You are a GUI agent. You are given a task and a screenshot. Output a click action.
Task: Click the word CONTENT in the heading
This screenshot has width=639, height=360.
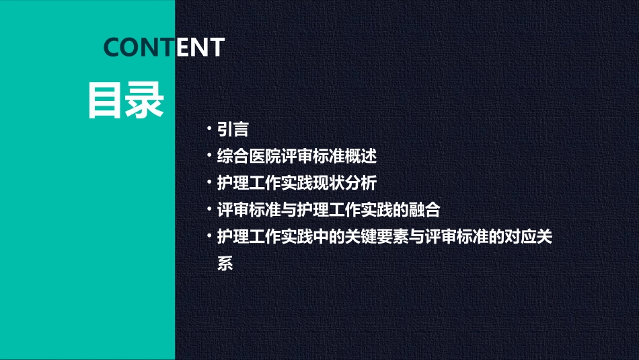(164, 47)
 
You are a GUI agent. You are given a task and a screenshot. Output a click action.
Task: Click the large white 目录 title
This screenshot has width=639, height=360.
(126, 101)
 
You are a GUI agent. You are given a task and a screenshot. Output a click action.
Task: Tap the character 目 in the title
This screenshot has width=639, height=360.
(106, 101)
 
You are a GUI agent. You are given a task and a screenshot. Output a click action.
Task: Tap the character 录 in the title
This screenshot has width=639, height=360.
(145, 101)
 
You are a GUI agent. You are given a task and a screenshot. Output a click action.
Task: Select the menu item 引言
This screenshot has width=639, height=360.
(233, 130)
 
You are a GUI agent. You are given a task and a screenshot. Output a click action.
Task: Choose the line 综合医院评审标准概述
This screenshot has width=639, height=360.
(297, 156)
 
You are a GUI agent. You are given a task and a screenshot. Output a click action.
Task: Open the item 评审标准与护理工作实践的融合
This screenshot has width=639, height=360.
(328, 209)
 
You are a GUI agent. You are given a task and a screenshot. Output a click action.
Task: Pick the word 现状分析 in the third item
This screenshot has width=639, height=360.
(353, 182)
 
